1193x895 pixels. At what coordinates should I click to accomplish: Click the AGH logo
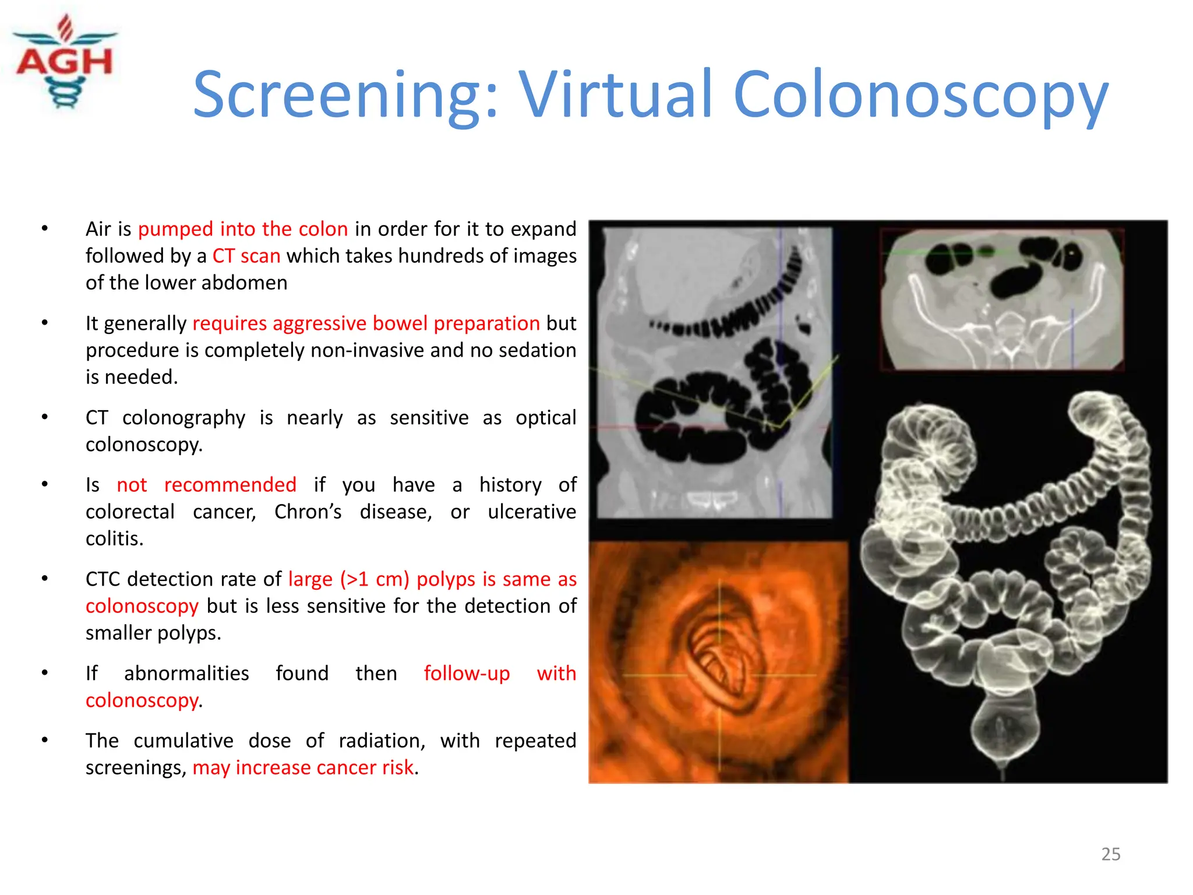(x=65, y=63)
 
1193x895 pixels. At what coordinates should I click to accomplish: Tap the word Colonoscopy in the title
(x=920, y=94)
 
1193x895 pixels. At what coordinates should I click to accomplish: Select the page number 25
(x=1110, y=854)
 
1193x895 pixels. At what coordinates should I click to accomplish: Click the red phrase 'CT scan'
(x=246, y=256)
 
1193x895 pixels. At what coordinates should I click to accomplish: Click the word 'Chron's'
(x=308, y=512)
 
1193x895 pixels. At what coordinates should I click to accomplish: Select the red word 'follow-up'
(x=467, y=674)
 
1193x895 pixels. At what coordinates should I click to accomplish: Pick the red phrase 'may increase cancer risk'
(x=303, y=767)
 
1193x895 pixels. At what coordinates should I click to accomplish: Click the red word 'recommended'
(x=230, y=485)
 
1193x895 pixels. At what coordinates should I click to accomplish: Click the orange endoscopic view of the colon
(x=718, y=662)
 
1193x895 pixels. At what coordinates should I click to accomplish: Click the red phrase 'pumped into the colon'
(x=243, y=229)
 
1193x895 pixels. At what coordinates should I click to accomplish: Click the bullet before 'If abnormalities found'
(x=45, y=673)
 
